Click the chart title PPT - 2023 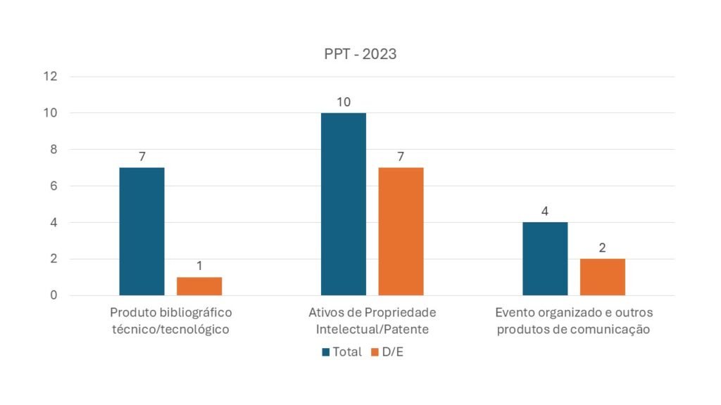click(x=360, y=54)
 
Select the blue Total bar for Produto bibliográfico click(x=142, y=231)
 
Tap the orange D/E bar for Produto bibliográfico click(x=199, y=286)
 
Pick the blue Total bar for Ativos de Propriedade click(x=344, y=204)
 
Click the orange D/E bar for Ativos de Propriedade click(x=401, y=231)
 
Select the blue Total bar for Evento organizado click(x=545, y=259)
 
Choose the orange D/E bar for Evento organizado click(x=603, y=277)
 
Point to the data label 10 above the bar click(x=344, y=102)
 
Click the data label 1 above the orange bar click(x=199, y=266)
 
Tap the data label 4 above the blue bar click(x=545, y=212)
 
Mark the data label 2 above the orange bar click(x=603, y=248)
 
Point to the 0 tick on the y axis click(x=53, y=295)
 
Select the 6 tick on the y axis click(x=53, y=186)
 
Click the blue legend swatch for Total click(x=327, y=352)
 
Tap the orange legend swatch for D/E click(x=375, y=352)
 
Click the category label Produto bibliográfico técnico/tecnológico click(x=171, y=321)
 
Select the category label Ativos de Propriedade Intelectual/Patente click(x=372, y=321)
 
